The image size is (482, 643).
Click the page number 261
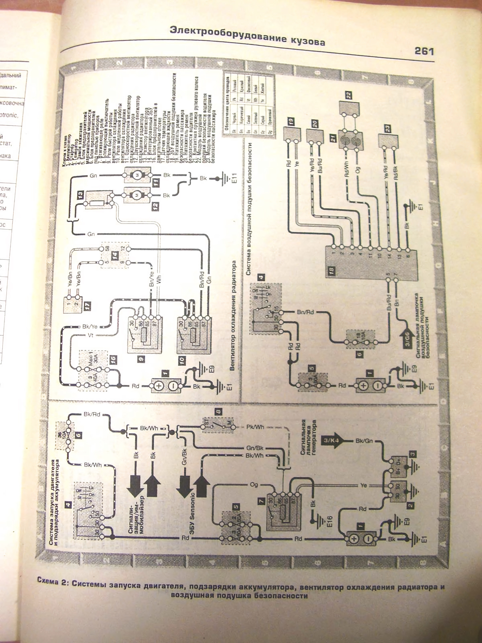tap(424, 51)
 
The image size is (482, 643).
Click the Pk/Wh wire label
tap(255, 427)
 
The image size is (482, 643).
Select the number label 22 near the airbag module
tap(349, 95)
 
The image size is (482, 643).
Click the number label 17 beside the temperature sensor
tap(87, 305)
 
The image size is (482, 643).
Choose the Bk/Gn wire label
tap(364, 441)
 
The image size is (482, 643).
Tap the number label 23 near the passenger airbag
tap(388, 128)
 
